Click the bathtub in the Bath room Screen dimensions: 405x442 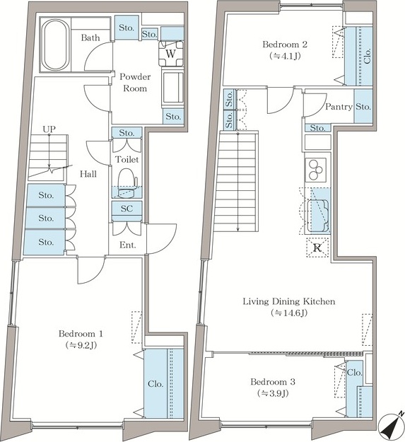55,45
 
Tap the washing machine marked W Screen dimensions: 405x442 171,53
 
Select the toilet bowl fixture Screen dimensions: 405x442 127,183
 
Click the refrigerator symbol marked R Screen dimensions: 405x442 317,248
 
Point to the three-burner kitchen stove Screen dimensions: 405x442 315,170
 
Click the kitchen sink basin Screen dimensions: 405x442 318,216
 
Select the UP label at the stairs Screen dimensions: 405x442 49,129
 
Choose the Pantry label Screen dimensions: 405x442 339,107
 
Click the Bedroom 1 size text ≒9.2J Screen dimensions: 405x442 81,345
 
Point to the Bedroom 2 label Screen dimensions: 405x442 285,45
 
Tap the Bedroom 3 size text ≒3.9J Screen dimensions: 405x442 273,393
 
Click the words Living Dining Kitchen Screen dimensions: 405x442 289,301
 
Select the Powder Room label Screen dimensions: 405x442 135,82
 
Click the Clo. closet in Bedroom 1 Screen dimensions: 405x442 164,383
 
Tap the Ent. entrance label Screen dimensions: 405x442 128,245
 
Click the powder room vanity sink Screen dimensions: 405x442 172,88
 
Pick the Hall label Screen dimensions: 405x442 88,174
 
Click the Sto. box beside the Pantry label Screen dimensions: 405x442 363,106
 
